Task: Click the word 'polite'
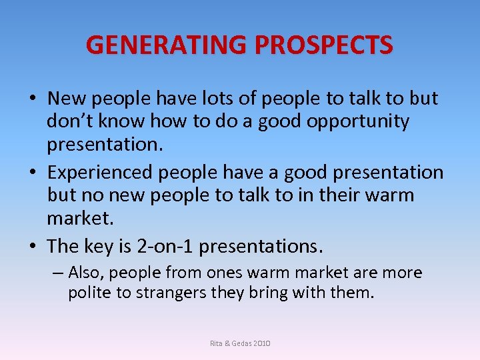click(x=90, y=293)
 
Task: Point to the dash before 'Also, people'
click(x=58, y=273)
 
